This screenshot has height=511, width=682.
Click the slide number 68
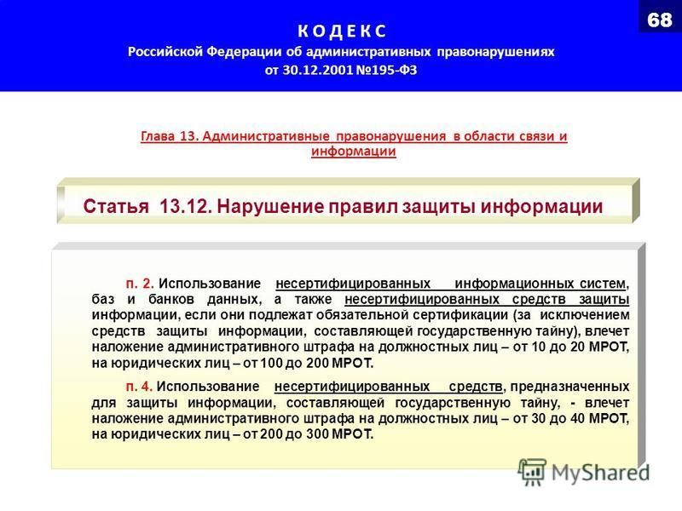coord(659,20)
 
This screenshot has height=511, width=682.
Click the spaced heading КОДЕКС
coord(342,31)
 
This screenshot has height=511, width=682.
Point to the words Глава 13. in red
coord(170,136)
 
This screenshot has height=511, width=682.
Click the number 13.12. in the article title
coord(186,206)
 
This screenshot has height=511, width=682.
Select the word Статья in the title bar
coord(116,206)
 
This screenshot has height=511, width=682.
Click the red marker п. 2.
coord(140,284)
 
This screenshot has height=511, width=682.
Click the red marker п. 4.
coord(139,387)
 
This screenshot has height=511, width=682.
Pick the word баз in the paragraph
coord(102,300)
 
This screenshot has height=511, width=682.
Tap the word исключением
coord(585,315)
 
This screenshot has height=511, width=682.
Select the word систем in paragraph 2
coord(603,284)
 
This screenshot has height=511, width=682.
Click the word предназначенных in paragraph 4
coord(569,387)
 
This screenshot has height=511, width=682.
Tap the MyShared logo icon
coord(532,472)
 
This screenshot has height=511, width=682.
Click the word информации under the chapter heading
coord(354,152)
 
